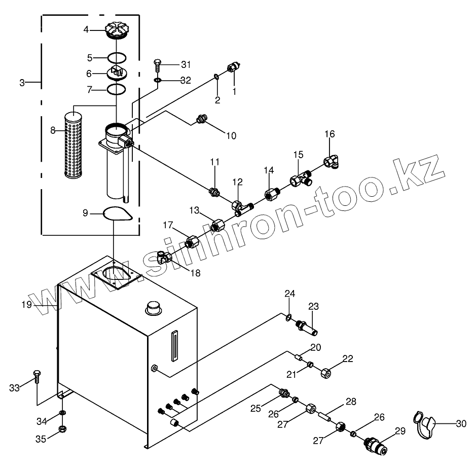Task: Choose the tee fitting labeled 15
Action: (x=299, y=178)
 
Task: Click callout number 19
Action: (x=26, y=305)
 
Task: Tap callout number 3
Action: (x=22, y=82)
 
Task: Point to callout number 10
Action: (x=231, y=136)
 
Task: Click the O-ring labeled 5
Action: (x=116, y=57)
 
